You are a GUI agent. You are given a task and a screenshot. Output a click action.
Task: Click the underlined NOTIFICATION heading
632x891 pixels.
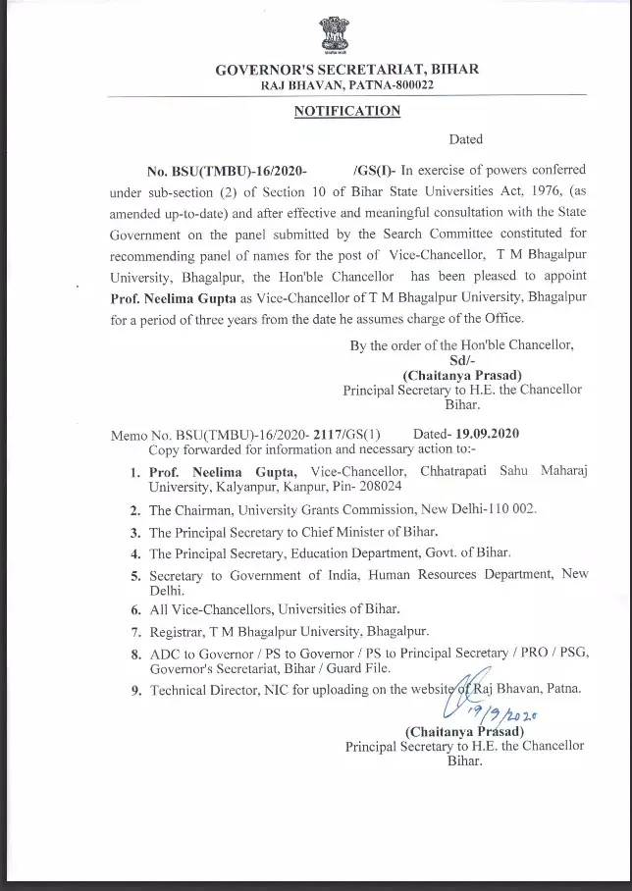point(347,111)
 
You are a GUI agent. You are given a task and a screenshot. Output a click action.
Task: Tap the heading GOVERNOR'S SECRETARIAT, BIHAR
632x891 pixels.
point(347,70)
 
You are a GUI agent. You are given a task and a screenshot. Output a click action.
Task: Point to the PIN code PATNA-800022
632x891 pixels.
point(389,86)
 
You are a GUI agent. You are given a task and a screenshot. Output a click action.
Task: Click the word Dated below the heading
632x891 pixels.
point(466,139)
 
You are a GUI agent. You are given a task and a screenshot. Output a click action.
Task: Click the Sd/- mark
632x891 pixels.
point(461,359)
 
